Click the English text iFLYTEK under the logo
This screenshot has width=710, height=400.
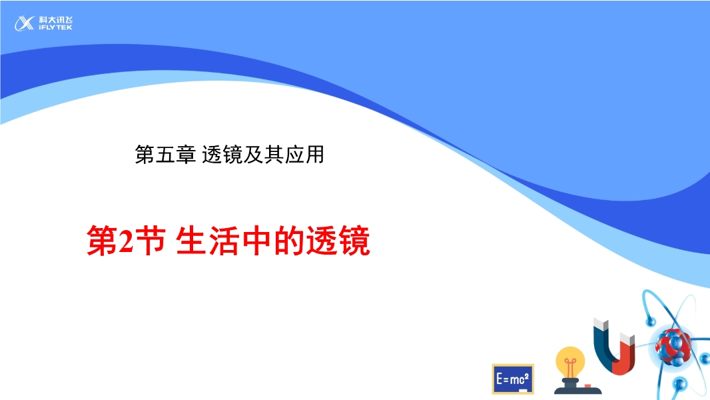click(55, 27)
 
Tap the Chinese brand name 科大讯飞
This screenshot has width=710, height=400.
click(55, 20)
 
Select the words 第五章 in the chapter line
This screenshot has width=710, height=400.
click(165, 155)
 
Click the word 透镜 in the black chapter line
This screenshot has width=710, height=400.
click(222, 155)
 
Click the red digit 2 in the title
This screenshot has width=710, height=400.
click(125, 241)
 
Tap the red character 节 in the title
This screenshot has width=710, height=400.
click(149, 241)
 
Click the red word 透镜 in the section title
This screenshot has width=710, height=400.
click(338, 241)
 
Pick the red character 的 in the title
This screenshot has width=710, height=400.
click(289, 241)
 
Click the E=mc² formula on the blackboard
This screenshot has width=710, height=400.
click(512, 378)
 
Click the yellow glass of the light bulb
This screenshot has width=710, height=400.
click(570, 361)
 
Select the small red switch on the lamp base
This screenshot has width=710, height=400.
click(587, 387)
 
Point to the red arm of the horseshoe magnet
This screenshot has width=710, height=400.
click(627, 351)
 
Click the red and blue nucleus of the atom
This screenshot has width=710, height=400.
click(673, 347)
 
